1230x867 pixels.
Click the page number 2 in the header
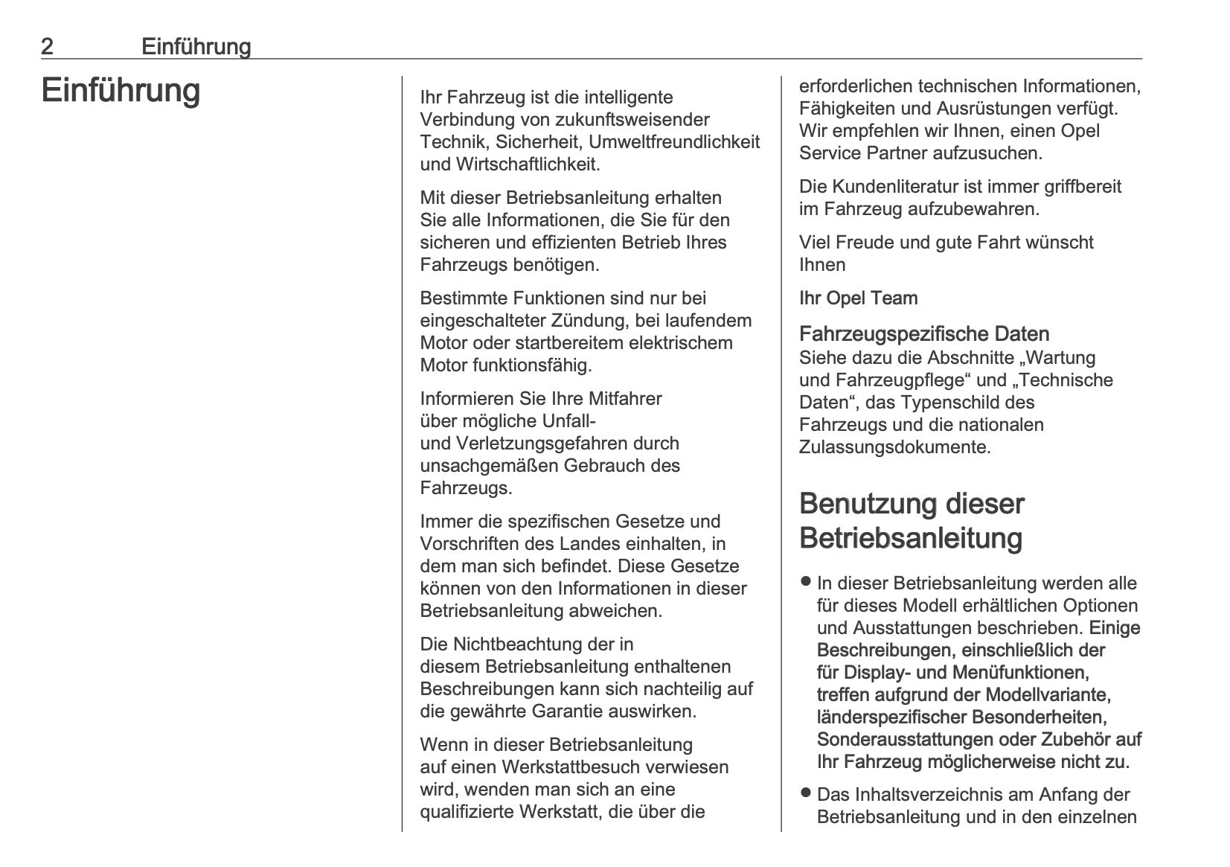(47, 47)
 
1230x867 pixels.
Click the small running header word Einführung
(196, 47)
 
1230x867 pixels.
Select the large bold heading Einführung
(121, 91)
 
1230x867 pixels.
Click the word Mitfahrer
(624, 399)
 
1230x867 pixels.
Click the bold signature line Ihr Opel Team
(858, 298)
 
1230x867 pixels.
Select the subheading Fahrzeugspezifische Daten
(924, 334)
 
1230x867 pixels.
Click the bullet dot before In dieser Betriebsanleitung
(805, 581)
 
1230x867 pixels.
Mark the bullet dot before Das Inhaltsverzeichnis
(805, 793)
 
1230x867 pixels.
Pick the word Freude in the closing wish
(862, 243)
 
